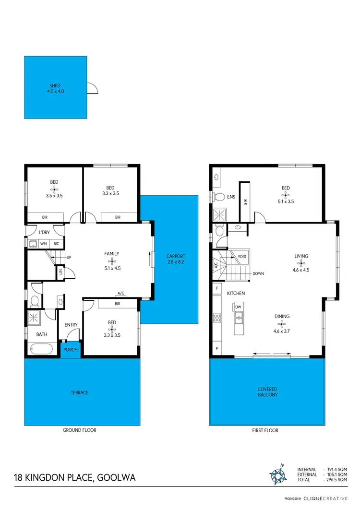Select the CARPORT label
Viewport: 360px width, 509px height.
coord(176,256)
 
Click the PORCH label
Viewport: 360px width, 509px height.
coord(71,349)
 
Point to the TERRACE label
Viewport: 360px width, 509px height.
coord(80,392)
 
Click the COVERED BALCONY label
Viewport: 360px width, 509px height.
coord(267,392)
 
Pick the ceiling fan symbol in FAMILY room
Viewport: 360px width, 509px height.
coord(112,261)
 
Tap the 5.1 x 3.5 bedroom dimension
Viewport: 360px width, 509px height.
coord(286,201)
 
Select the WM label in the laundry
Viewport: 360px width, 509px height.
coord(43,244)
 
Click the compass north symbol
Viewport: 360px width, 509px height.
coord(278,474)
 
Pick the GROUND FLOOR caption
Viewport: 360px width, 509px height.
coord(80,430)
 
